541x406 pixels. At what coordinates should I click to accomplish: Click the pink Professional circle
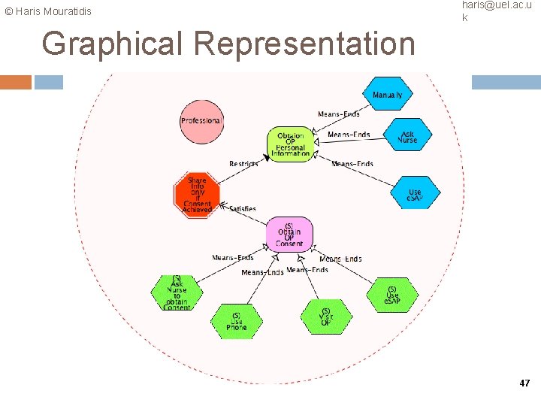201,121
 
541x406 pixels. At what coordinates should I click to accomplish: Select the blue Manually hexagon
387,95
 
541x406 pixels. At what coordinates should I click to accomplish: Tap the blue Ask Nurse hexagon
407,135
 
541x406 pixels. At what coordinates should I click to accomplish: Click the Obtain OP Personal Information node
291,144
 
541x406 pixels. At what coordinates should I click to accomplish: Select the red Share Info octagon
197,195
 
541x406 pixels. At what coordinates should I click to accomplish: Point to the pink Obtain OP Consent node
289,235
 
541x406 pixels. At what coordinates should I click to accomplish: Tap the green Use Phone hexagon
236,322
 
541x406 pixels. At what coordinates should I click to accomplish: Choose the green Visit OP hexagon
325,317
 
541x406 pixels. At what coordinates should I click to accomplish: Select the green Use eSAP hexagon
392,295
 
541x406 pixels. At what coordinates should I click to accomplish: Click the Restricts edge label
243,164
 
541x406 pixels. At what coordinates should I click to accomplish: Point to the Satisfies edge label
242,208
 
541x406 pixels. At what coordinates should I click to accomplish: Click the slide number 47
524,383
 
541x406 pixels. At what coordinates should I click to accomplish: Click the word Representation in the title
304,44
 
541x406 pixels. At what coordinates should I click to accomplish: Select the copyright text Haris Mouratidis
48,11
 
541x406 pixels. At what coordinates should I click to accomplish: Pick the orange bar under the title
16,82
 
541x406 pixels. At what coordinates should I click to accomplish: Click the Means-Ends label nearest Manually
338,114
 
